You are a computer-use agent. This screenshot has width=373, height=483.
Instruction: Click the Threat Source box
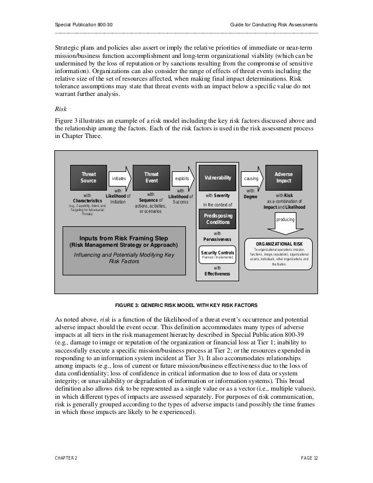pyautogui.click(x=88, y=177)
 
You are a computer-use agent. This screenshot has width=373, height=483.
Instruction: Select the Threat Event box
pyautogui.click(x=151, y=177)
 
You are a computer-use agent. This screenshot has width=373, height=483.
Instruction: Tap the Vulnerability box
pyautogui.click(x=217, y=177)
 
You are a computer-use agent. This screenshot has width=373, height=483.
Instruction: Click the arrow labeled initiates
pyautogui.click(x=119, y=178)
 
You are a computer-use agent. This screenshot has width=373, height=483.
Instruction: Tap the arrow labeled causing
pyautogui.click(x=251, y=178)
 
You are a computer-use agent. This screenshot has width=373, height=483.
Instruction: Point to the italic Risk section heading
pyautogui.click(x=60, y=108)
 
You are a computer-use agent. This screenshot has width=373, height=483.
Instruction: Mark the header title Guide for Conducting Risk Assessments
pyautogui.click(x=274, y=25)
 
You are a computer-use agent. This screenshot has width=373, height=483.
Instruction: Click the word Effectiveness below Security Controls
pyautogui.click(x=217, y=273)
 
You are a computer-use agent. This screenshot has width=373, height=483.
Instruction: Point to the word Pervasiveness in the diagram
pyautogui.click(x=217, y=239)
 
